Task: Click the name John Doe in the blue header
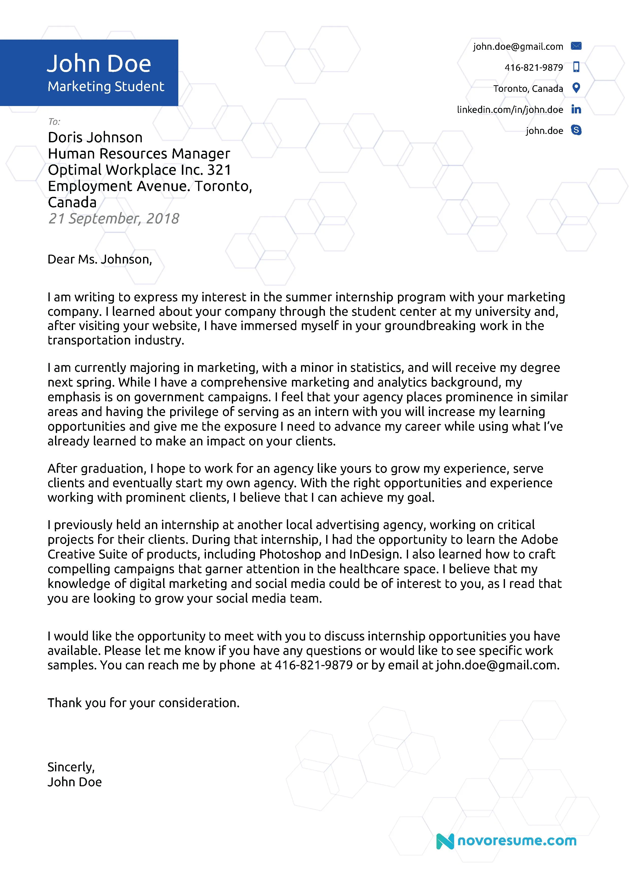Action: pos(99,64)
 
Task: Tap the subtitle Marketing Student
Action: pos(106,86)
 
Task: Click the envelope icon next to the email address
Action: pos(576,46)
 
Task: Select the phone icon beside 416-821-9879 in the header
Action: pos(576,67)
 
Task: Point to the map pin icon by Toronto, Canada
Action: pos(576,88)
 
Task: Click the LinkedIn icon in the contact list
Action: pos(576,109)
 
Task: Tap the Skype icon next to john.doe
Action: pos(576,130)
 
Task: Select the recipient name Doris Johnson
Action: pos(95,138)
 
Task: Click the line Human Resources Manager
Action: pos(139,154)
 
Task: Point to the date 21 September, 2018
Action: pos(114,219)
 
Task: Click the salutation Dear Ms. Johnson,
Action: pos(100,259)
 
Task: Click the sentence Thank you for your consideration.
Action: pos(143,703)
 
